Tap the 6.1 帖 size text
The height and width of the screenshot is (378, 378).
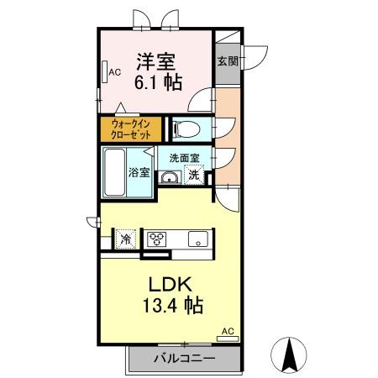(x=157, y=82)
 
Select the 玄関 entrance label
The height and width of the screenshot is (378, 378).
(x=227, y=61)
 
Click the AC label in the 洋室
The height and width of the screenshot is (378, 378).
(x=114, y=72)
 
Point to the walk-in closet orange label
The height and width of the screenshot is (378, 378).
(x=132, y=129)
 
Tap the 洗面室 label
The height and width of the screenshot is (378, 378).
(x=184, y=157)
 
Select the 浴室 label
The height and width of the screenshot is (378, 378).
(x=139, y=173)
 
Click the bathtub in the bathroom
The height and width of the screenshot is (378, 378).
(x=116, y=172)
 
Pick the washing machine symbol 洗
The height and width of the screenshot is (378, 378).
(x=194, y=176)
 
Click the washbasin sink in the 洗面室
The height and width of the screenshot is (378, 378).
(x=169, y=176)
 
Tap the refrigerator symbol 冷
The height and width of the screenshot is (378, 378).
(x=125, y=238)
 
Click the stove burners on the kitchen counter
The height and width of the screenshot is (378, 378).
(x=157, y=239)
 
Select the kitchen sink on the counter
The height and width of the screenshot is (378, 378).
(x=197, y=238)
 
